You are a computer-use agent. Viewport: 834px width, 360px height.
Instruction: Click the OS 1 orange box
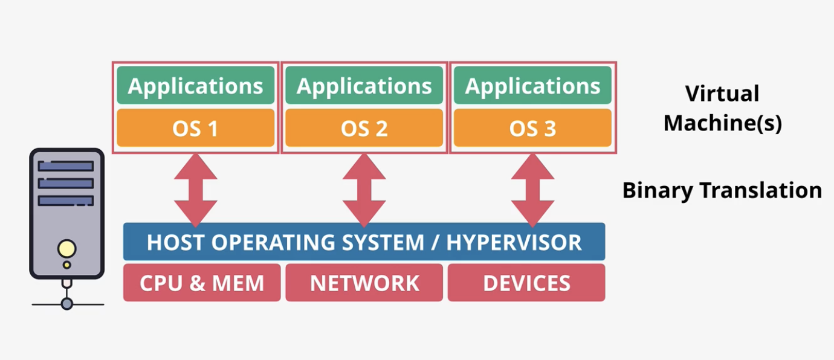195,127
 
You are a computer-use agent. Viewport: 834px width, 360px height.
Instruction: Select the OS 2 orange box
364,127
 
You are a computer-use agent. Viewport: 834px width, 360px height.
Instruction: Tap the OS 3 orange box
532,127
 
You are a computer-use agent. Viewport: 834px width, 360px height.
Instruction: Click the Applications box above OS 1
195,85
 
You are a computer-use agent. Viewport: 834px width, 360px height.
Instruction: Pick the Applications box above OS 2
364,85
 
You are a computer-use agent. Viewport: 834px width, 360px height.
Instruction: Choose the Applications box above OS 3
532,85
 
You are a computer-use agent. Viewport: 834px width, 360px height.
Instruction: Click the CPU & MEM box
202,283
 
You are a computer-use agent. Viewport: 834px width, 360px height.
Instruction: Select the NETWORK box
364,283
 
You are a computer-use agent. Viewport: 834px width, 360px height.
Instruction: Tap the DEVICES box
526,283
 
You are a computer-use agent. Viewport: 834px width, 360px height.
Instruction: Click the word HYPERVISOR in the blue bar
514,242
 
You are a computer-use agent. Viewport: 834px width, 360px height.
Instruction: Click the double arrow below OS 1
195,190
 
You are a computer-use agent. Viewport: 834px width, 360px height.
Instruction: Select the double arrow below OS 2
364,190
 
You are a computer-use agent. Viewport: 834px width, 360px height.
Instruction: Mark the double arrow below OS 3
532,190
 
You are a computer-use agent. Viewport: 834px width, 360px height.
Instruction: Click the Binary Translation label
722,191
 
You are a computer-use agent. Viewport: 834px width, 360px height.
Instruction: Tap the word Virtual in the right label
722,93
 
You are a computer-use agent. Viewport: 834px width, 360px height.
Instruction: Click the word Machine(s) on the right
723,123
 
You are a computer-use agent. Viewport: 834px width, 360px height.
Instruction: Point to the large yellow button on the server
66,249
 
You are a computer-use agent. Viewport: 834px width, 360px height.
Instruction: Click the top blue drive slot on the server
66,166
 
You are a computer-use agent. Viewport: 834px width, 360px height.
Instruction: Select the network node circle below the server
66,304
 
